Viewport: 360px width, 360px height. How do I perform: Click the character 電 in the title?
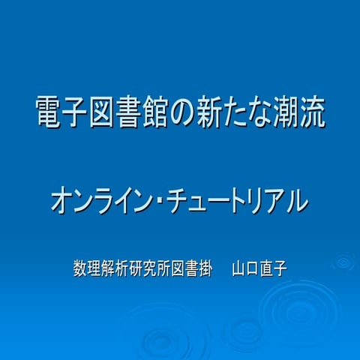point(49,112)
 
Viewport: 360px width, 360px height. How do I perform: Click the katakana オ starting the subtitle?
point(64,200)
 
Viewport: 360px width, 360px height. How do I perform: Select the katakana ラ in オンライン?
point(112,200)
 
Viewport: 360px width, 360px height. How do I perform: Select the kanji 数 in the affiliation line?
point(80,266)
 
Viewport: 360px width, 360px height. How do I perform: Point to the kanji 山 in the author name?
point(238,266)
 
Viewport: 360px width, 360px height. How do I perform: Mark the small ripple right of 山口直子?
point(343,263)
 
